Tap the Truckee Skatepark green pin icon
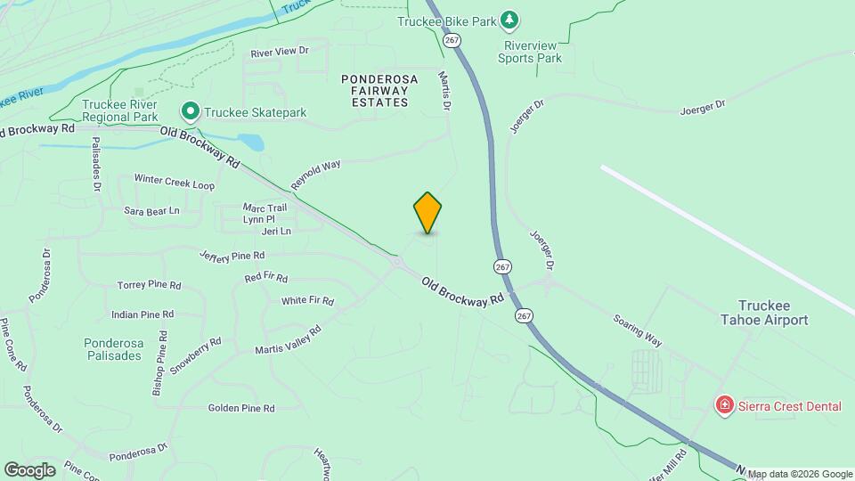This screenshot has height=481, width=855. pyautogui.click(x=190, y=112)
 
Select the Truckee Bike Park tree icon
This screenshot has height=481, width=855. pyautogui.click(x=509, y=19)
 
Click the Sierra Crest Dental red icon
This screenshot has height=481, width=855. pyautogui.click(x=725, y=406)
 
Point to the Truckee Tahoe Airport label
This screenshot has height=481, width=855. pyautogui.click(x=772, y=313)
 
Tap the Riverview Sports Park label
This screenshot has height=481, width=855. pyautogui.click(x=533, y=52)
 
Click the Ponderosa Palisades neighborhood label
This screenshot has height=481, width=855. pyautogui.click(x=112, y=348)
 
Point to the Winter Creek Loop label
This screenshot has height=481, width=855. pyautogui.click(x=175, y=181)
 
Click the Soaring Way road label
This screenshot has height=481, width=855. pyautogui.click(x=638, y=330)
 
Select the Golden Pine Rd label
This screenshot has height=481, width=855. pyautogui.click(x=241, y=408)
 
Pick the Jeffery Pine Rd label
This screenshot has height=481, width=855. pyautogui.click(x=232, y=256)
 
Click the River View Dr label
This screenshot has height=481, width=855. pyautogui.click(x=279, y=53)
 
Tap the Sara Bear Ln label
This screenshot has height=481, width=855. pyautogui.click(x=151, y=211)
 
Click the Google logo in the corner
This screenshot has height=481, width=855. pyautogui.click(x=29, y=469)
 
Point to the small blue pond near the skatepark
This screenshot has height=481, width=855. pyautogui.click(x=251, y=142)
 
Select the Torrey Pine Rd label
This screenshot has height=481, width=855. pyautogui.click(x=149, y=286)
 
